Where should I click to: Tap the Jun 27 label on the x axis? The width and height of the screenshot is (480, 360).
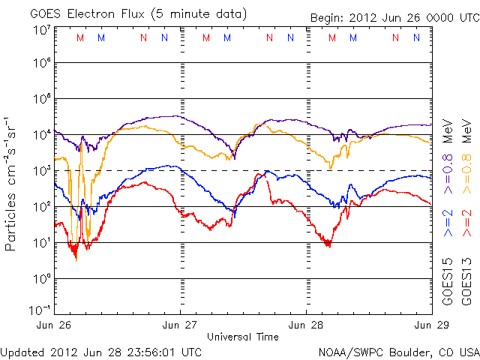point(181,325)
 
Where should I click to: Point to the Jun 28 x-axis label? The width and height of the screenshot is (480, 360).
point(306,325)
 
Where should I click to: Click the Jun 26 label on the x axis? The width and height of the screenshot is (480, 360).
point(55,325)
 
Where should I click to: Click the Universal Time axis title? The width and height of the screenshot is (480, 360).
point(243,337)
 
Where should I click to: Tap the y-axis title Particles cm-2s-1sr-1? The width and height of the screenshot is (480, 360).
point(11,184)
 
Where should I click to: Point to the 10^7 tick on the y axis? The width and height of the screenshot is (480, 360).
point(41,30)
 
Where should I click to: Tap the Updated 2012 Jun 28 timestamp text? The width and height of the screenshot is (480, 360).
point(100,351)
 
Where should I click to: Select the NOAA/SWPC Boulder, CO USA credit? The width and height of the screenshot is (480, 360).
point(398,351)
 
